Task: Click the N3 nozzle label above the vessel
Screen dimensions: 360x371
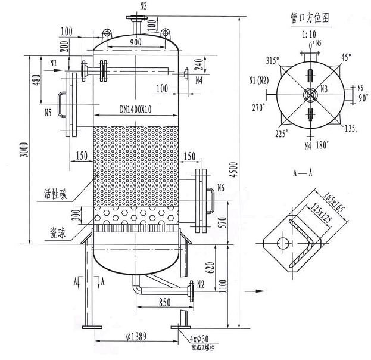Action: pyautogui.click(x=144, y=7)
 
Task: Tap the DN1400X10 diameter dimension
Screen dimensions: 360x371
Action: pyautogui.click(x=136, y=109)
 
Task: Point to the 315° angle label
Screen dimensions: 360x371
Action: pyautogui.click(x=272, y=61)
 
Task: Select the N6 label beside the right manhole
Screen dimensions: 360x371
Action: pyautogui.click(x=220, y=189)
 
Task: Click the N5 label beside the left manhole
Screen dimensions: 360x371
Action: pyautogui.click(x=49, y=111)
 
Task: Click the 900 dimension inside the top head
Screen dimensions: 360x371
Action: pyautogui.click(x=136, y=42)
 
